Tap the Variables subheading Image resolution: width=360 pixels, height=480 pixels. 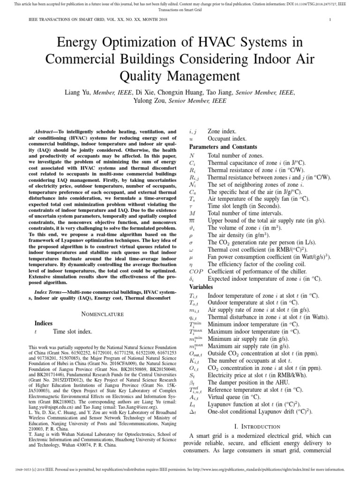pos(201,287)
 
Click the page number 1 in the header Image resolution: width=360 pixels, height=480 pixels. pos(330,20)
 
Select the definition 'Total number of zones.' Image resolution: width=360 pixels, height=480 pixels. pos(236,155)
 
